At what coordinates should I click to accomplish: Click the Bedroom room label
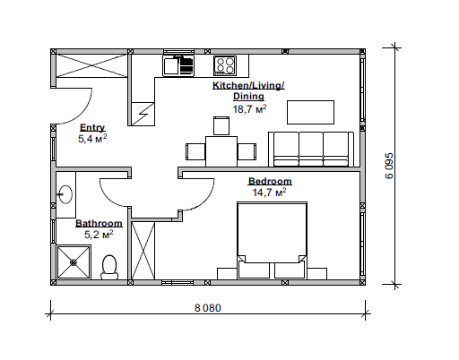tap(270, 181)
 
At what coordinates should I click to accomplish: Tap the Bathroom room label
tap(99, 223)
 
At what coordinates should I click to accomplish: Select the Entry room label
tap(92, 128)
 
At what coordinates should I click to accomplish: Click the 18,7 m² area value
tap(249, 109)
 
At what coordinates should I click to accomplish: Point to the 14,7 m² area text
tap(269, 193)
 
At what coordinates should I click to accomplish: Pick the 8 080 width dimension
tap(208, 308)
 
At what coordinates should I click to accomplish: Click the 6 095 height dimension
tap(389, 166)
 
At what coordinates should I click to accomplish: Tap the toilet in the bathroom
tap(109, 267)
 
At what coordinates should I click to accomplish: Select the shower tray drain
tap(74, 262)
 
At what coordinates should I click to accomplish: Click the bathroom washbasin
tap(65, 194)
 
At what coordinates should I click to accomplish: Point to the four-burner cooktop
tap(225, 65)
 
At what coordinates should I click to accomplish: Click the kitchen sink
tap(178, 65)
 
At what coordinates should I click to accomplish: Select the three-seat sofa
tap(311, 150)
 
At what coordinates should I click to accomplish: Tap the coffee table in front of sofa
tap(310, 112)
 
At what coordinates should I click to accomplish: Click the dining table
tap(221, 151)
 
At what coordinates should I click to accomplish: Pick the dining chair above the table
tap(221, 125)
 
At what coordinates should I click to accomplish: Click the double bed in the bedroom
tap(272, 241)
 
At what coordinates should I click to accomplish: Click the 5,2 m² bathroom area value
tap(99, 235)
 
